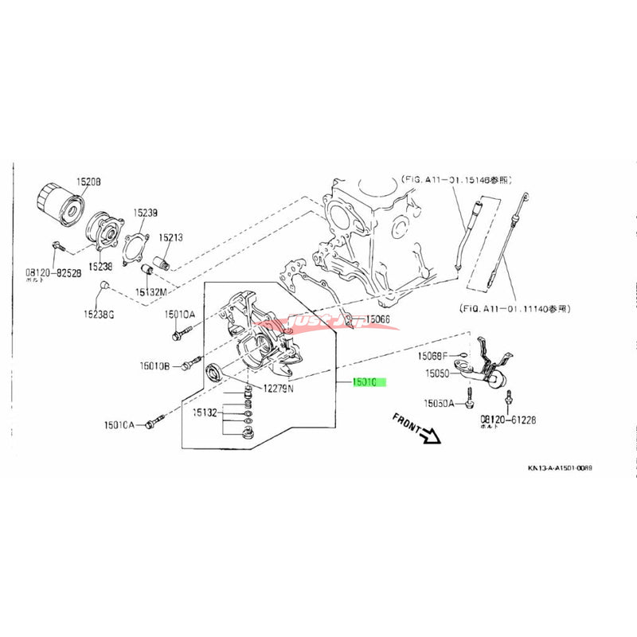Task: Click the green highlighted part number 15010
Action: [369, 383]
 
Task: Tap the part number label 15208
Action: [88, 182]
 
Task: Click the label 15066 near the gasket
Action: [379, 320]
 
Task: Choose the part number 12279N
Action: [279, 389]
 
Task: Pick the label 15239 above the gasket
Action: [145, 213]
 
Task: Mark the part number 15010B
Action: [155, 365]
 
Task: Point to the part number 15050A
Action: [439, 404]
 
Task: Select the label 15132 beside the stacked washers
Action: [204, 413]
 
